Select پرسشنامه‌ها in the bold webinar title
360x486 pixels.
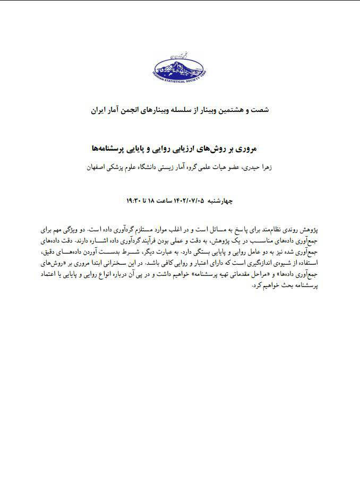tap(114, 149)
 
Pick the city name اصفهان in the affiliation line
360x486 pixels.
tap(99, 167)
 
